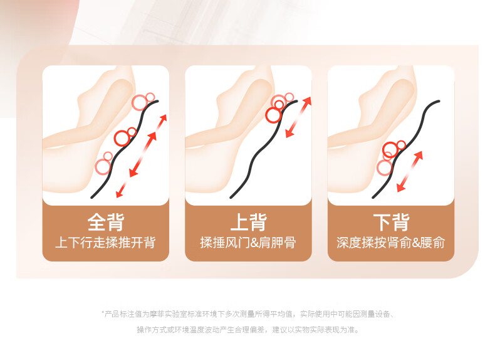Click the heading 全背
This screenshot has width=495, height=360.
point(106,222)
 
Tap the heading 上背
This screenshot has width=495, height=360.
point(249,222)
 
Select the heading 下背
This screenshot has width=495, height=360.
point(391,222)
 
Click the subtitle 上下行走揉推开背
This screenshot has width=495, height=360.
point(105,243)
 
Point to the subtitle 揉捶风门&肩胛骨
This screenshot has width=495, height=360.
point(248,243)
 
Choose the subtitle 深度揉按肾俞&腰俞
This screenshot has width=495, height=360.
point(391,243)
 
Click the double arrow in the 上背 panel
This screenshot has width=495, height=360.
point(298,117)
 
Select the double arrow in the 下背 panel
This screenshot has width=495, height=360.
point(409,172)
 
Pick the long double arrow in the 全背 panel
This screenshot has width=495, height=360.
point(143,154)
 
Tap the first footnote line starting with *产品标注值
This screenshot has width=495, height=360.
point(248,314)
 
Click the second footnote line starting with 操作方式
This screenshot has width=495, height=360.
point(248,330)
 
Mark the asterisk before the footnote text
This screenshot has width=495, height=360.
point(103,313)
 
